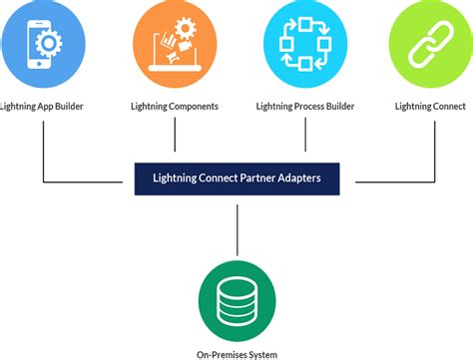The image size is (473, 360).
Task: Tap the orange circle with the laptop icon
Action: tap(174, 43)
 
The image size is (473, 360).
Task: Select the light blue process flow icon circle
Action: tap(300, 43)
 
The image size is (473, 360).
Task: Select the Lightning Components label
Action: tap(174, 106)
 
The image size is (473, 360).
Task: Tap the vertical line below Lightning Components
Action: tap(174, 140)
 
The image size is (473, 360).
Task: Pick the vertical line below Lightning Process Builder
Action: tap(300, 140)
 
